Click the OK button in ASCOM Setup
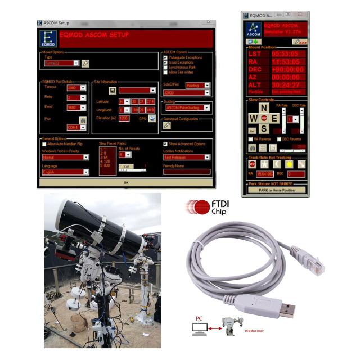(x=126, y=182)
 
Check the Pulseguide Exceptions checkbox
(x=165, y=57)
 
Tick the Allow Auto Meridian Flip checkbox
(x=44, y=143)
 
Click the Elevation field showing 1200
(x=124, y=118)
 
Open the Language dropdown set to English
(x=65, y=172)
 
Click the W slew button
(x=253, y=118)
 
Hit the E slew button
(x=274, y=118)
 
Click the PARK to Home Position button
(x=277, y=190)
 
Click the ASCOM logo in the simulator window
(x=253, y=28)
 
